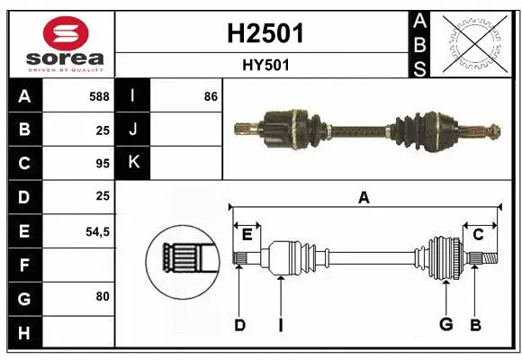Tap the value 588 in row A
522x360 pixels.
coord(99,96)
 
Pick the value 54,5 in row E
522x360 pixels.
coord(96,231)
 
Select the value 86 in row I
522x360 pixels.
coord(211,96)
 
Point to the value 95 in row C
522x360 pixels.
coord(103,164)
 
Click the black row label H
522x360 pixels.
coord(24,333)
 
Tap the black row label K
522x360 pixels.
coord(133,164)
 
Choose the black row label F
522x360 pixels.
coord(24,265)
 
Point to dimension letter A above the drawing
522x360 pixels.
coord(364,197)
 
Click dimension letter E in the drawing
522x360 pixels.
coord(247,235)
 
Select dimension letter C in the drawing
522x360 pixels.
coord(479,235)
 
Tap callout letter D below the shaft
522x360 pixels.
coord(239,325)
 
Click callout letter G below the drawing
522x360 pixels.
coord(445,325)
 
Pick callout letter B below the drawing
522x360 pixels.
coord(475,325)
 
